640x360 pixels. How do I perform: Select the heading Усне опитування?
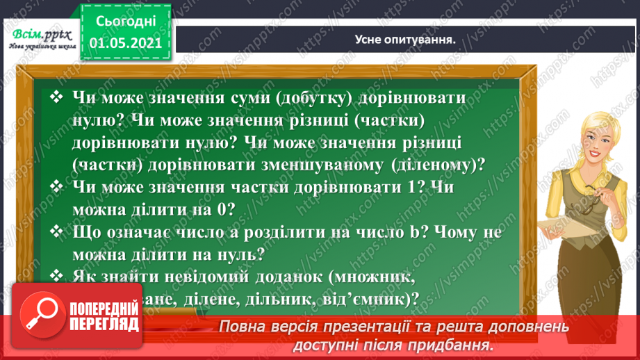[400, 40]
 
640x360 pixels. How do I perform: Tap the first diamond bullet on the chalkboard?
[58, 99]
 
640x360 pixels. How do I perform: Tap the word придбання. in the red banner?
[457, 345]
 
